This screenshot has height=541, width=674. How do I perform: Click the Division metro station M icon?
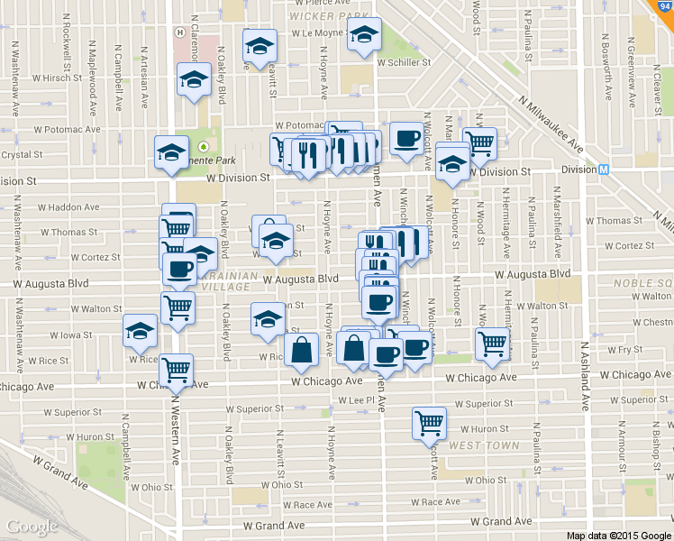point(604,170)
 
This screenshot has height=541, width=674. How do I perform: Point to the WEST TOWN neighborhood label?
point(484,445)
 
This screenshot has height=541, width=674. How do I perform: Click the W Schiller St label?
point(405,63)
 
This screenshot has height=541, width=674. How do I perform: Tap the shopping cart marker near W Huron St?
point(430,422)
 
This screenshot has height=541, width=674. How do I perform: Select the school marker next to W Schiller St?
point(364,37)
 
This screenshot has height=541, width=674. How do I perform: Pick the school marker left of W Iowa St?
point(141,331)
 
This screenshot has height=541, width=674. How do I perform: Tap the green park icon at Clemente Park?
point(204,146)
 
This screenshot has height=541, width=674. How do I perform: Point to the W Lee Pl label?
point(356,399)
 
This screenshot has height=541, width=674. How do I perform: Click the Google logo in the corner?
point(32,527)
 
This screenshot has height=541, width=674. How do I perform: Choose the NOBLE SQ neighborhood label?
point(645,282)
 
